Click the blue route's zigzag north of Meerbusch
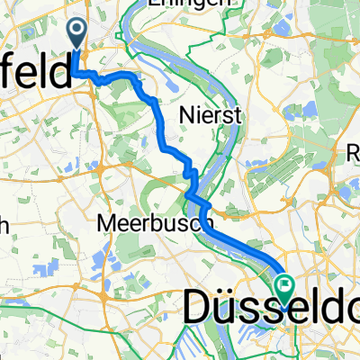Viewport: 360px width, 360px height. [190, 175]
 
